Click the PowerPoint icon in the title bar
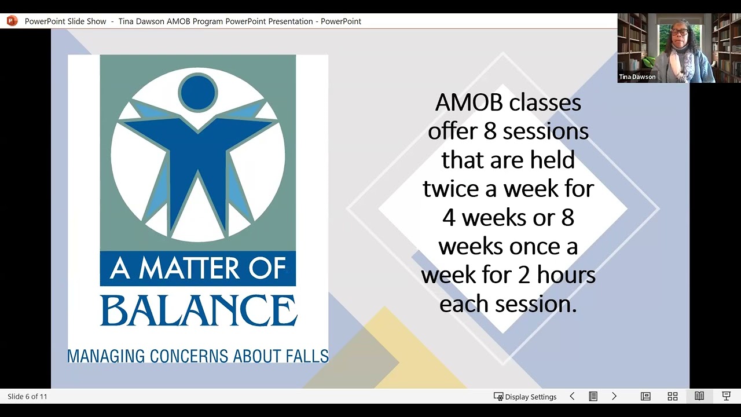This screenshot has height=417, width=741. (x=12, y=21)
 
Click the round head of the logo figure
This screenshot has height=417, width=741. (x=198, y=92)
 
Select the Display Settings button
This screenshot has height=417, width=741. (x=525, y=397)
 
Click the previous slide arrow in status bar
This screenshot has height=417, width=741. (x=572, y=397)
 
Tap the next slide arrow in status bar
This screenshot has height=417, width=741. (x=614, y=397)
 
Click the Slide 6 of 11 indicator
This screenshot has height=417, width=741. (x=27, y=397)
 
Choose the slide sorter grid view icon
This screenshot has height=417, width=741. (x=672, y=397)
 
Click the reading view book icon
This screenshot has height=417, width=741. (x=699, y=397)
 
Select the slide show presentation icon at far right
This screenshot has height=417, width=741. (x=726, y=397)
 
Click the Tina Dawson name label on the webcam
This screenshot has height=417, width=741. (x=637, y=77)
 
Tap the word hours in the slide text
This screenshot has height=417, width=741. (x=566, y=275)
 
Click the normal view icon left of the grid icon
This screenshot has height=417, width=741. (x=645, y=397)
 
